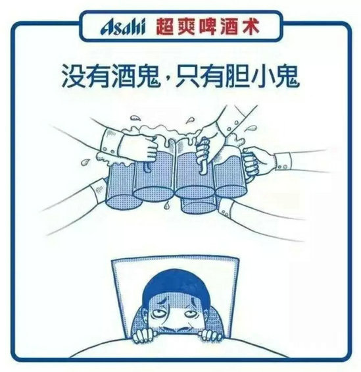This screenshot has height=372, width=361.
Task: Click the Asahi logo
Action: coord(123,27)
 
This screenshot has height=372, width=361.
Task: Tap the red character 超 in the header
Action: coord(165,27)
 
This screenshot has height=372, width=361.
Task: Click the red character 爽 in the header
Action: coord(186,27)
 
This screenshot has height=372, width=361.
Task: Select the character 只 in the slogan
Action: coord(187,76)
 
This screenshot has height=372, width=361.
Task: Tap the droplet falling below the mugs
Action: coord(167,205)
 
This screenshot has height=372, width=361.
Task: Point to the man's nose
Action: coord(172,325)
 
